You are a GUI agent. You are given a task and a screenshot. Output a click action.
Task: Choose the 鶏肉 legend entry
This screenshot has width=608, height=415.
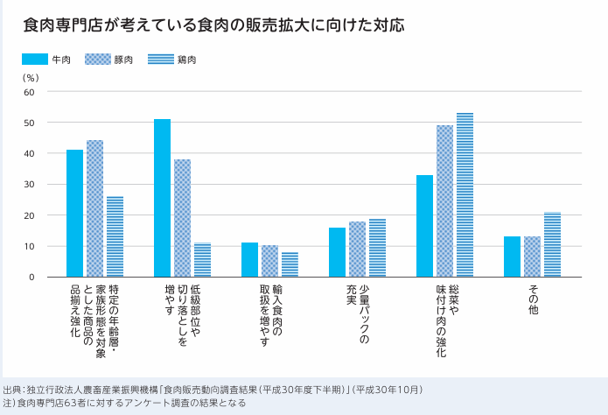[x=171, y=60]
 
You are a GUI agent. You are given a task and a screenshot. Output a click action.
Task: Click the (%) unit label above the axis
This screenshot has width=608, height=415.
[x=31, y=77]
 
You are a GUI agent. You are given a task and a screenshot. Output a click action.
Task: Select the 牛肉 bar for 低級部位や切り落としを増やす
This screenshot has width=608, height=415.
[x=162, y=199]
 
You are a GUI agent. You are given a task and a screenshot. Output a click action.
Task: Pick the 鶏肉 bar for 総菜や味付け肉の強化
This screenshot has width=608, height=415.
[x=465, y=195]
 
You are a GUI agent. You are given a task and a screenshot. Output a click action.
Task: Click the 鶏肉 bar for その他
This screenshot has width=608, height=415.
[x=552, y=245]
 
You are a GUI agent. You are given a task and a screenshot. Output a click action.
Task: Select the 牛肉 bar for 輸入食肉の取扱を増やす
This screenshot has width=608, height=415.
[x=249, y=260]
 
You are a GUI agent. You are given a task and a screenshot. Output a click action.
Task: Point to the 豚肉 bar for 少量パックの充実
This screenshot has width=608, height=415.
[x=357, y=250]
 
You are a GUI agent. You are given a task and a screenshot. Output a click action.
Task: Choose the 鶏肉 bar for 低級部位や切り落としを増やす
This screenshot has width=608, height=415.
[x=202, y=260]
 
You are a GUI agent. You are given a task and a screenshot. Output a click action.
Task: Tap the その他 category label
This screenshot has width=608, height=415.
[x=533, y=299]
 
